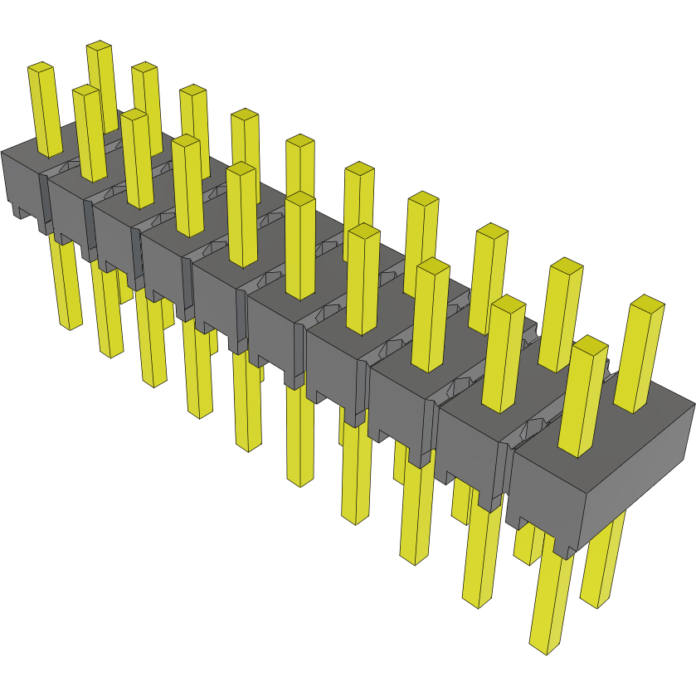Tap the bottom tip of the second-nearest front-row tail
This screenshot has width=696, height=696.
click(477, 601)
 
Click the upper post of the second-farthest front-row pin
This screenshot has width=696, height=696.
click(90, 133)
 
